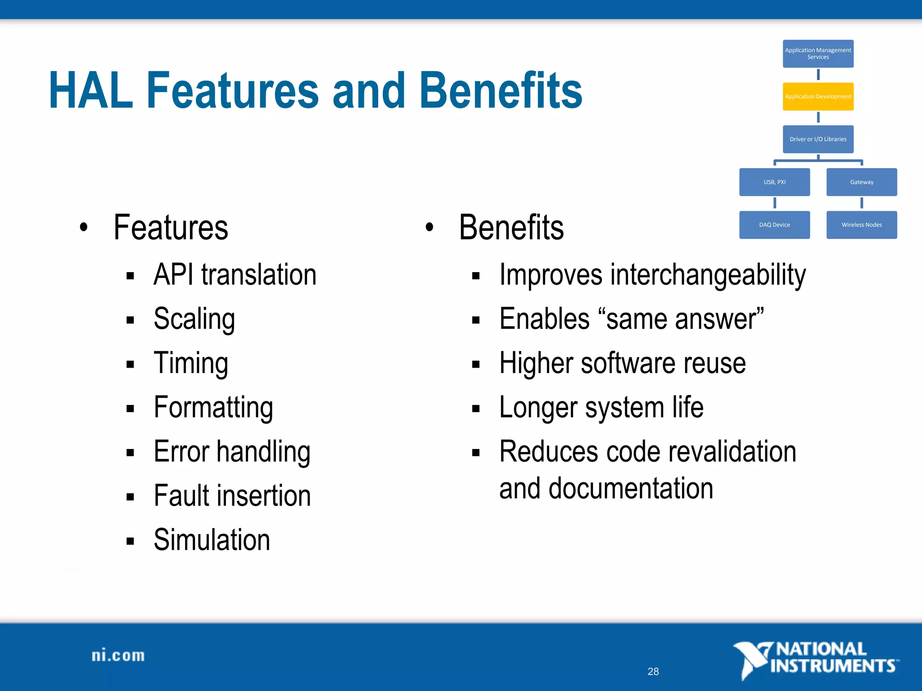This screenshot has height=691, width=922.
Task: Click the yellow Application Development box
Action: pos(818,97)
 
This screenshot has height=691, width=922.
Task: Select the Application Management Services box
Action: pos(818,54)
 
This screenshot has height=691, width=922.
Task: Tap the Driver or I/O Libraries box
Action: pos(818,139)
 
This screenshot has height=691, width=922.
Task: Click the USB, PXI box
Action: pos(774,182)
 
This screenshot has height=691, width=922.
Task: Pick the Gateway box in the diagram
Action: pos(861,182)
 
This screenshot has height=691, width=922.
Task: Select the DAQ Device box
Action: pos(774,224)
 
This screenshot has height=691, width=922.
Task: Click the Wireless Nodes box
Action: pos(861,224)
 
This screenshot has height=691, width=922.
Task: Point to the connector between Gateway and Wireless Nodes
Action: pos(862,203)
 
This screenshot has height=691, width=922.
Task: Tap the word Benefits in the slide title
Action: pos(501,91)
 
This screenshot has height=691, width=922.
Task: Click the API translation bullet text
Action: pos(235,274)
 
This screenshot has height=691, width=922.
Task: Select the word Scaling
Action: pos(194,319)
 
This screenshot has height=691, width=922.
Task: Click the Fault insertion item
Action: pos(232,496)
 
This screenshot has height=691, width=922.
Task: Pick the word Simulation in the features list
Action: pos(212,540)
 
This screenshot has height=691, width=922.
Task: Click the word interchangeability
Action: pos(708,274)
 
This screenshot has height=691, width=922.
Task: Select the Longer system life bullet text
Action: pos(601,407)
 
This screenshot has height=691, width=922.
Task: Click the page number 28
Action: pos(653,671)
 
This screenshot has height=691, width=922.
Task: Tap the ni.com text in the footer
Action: pos(118,655)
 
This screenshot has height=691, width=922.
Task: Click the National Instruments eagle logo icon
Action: pos(751,660)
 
